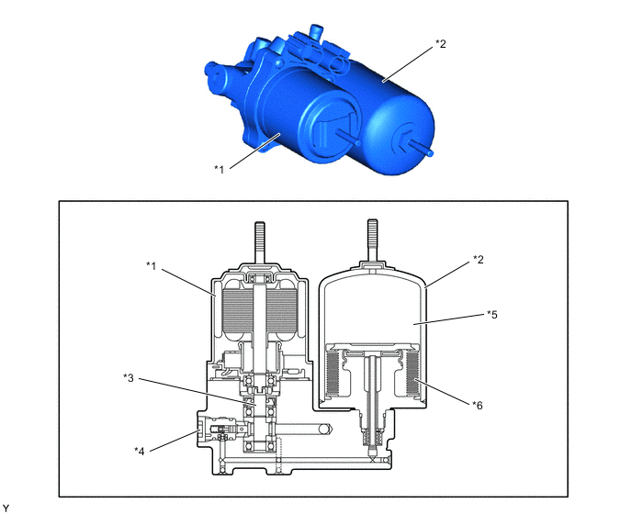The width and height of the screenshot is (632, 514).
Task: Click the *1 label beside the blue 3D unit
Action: coord(219,169)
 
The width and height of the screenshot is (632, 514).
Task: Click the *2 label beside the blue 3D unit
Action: coord(441,44)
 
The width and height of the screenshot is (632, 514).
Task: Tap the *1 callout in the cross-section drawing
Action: coord(152,266)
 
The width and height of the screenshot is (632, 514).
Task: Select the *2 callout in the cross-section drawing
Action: coord(478,260)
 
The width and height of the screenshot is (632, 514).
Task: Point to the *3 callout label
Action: coord(129,378)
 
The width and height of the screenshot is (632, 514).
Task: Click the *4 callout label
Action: coord(139,451)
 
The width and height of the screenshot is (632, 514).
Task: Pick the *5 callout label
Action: coord(492,314)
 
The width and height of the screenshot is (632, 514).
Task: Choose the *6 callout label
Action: coord(478,406)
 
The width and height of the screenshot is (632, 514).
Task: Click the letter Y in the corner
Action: coord(6,508)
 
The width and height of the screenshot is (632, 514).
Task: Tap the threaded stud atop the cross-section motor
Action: coord(260,242)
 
